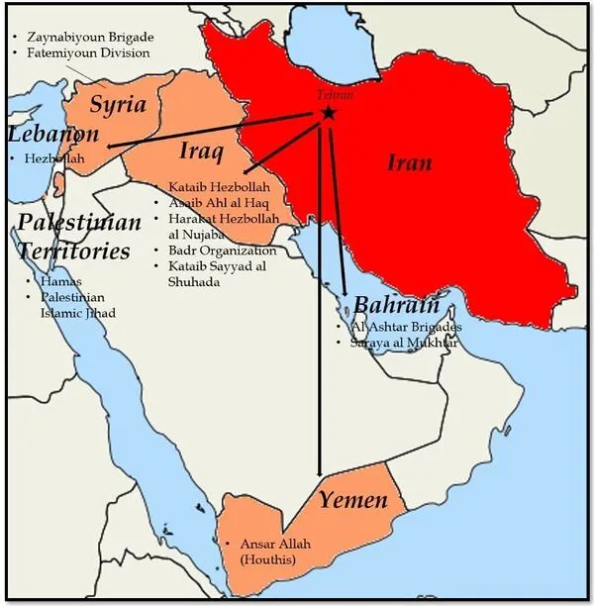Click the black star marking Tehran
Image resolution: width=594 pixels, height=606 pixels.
coord(328,114)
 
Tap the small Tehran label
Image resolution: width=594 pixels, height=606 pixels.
coord(332,96)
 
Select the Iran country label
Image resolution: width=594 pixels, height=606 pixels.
coord(409,162)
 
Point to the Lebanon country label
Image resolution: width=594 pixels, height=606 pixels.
coord(53,135)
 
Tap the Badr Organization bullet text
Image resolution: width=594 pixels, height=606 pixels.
coord(222,251)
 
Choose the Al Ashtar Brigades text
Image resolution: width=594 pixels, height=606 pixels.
coord(407,326)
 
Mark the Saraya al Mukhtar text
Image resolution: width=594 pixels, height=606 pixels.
coord(405,343)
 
